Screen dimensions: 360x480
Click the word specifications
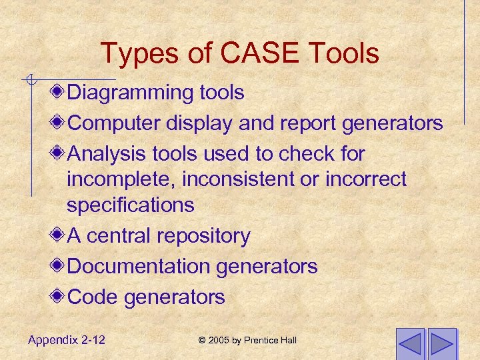pyautogui.click(x=130, y=205)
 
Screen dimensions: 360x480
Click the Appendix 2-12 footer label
pyautogui.click(x=67, y=340)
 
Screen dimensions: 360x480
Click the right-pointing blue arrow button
pyautogui.click(x=441, y=344)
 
